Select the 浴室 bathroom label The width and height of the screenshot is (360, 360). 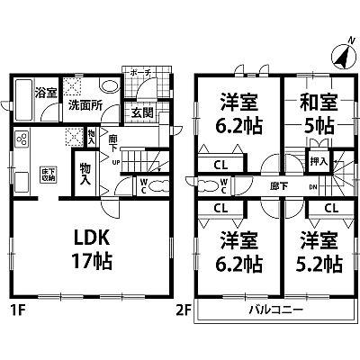click(x=45, y=92)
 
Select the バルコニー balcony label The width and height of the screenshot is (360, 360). click(x=275, y=310)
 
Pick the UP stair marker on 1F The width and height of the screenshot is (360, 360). click(x=115, y=163)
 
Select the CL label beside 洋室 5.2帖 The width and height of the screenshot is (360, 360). click(x=329, y=208)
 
